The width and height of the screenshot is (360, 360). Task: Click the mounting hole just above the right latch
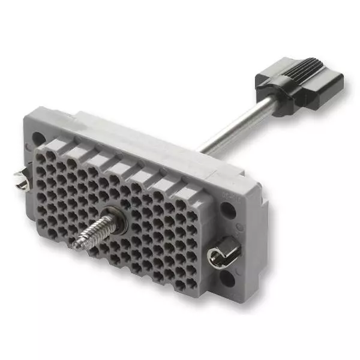[228, 209]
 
